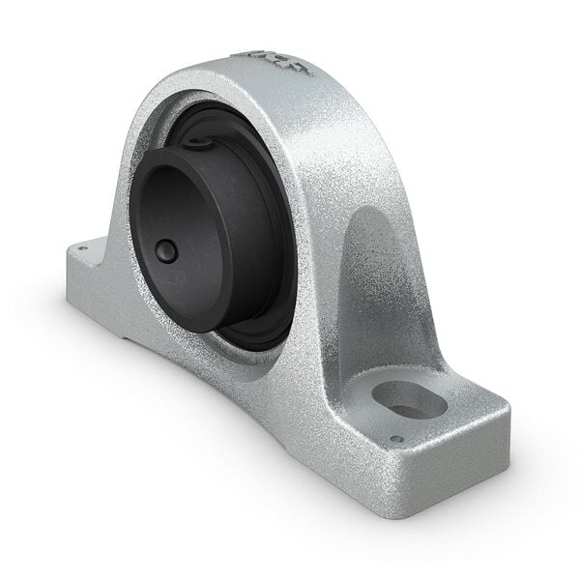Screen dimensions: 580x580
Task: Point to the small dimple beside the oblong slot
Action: tap(395, 440)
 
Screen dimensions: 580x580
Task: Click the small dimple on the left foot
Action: tap(83, 248)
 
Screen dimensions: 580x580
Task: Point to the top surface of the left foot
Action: tap(97, 253)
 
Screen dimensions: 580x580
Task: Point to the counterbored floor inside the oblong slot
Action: tap(413, 406)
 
